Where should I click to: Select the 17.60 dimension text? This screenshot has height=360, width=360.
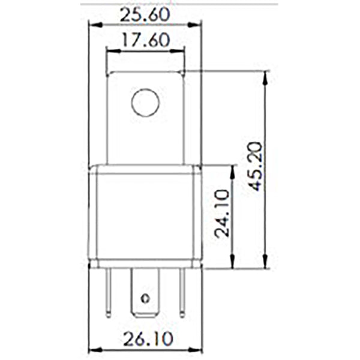coord(145,41)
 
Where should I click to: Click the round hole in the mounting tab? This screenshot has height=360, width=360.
coord(145,103)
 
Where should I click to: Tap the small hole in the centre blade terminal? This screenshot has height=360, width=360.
coord(144,298)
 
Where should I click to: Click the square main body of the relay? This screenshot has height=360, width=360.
coord(145,216)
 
